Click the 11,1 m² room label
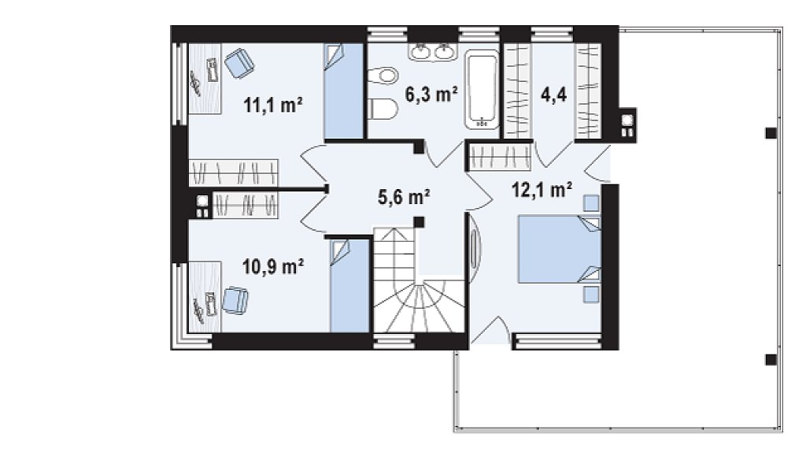pos(272,105)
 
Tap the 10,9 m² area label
pos(272,266)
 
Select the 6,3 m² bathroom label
pos(431,95)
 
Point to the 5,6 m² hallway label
pos(404,197)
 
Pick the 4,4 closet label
pos(553,95)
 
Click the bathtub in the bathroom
pos(482,89)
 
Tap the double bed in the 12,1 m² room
pos(560,249)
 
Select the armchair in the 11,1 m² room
pos(239,63)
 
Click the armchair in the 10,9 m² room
pos(235,300)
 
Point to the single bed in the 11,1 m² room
pos(344,91)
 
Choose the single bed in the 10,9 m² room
pos(349,286)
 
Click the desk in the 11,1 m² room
pos(205,78)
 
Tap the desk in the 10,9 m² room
pos(205,297)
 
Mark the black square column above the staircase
pos(420,222)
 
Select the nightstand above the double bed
pos(592,203)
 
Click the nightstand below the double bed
pos(591,294)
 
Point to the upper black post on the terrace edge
pos(771,133)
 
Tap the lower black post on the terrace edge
pos(771,360)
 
